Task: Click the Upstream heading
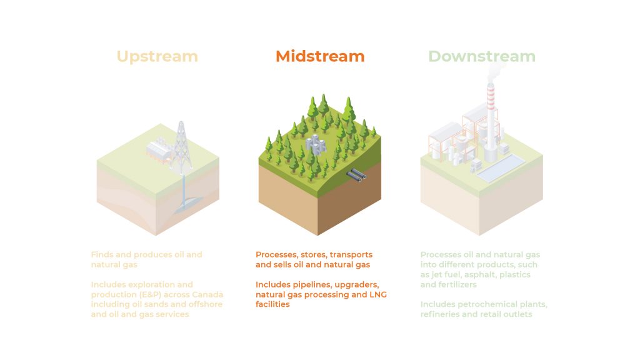[157, 56]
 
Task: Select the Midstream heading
[320, 56]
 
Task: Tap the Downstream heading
[482, 56]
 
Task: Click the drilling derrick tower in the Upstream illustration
[181, 147]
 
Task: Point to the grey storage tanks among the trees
[316, 144]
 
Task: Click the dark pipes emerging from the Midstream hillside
[356, 176]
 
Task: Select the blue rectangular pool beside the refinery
[501, 167]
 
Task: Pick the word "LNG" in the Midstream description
[378, 294]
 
